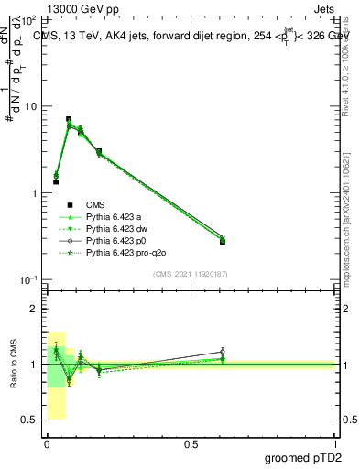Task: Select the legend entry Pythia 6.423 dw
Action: click(116, 228)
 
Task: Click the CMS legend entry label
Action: click(95, 204)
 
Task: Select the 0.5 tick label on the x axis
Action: click(191, 442)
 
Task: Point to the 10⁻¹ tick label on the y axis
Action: click(27, 279)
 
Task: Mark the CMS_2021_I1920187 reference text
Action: click(189, 274)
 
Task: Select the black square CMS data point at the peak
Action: click(69, 119)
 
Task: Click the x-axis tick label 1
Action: click(335, 442)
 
